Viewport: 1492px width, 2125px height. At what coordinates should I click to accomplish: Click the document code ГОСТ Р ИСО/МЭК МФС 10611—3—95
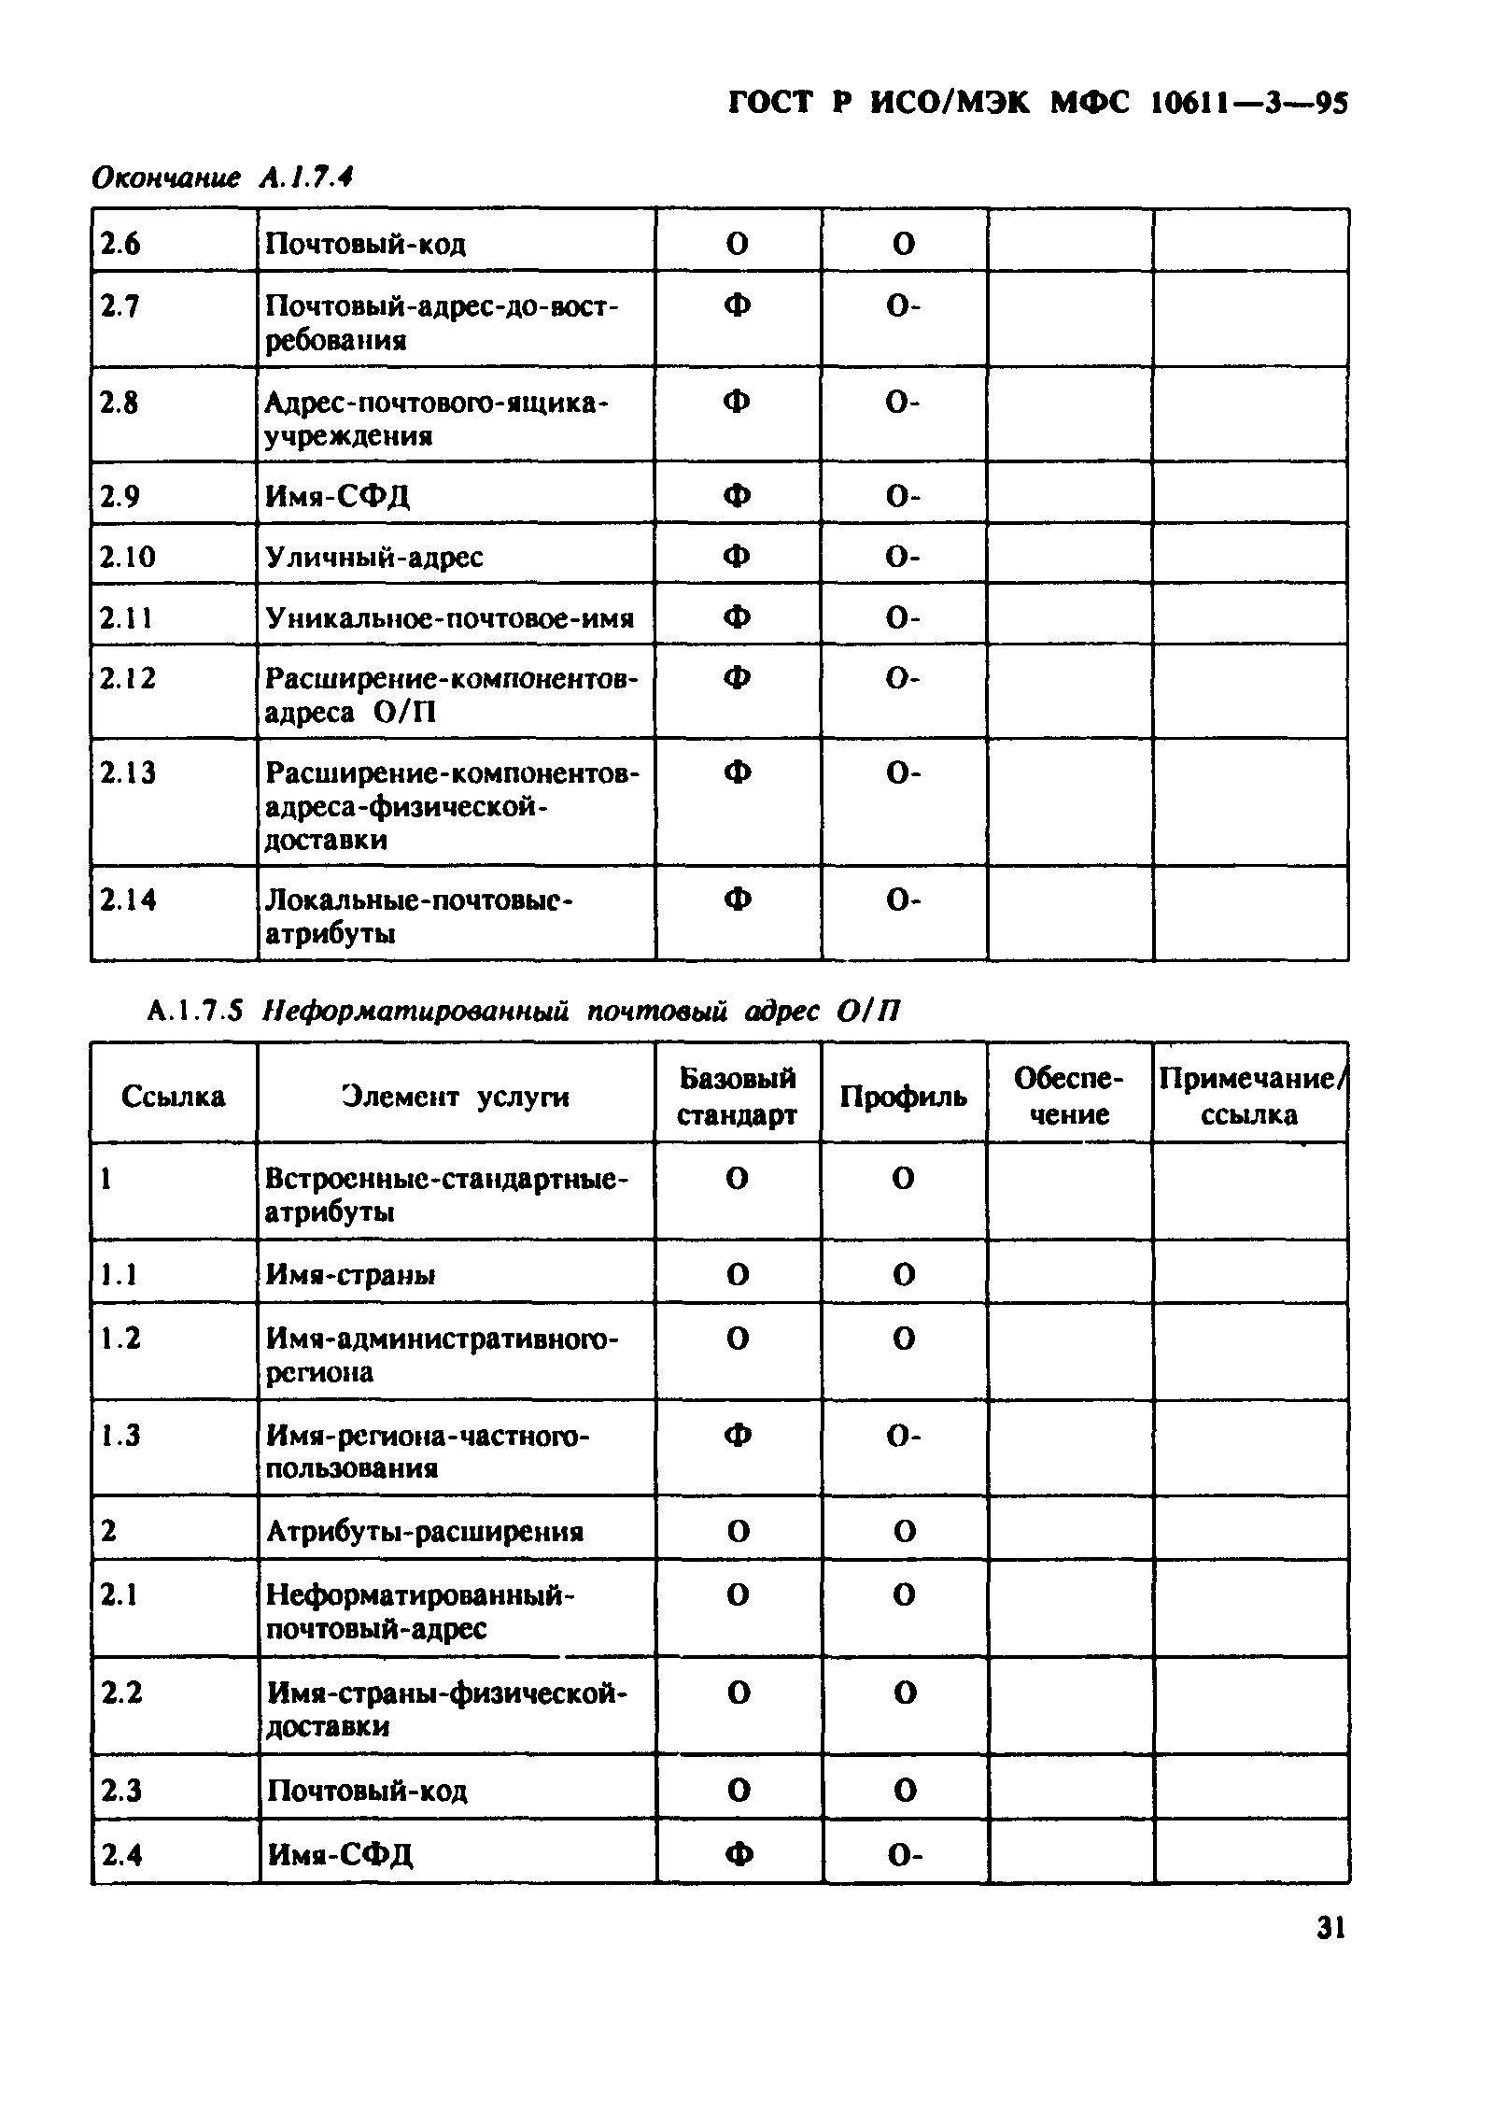[x=1037, y=103]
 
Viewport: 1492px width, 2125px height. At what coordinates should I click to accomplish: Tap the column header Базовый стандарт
[x=737, y=1097]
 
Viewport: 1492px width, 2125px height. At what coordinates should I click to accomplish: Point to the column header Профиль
[x=903, y=1097]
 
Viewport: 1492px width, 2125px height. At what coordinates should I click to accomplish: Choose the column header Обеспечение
[x=1069, y=1097]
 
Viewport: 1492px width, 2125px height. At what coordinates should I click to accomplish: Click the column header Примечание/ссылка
[x=1250, y=1097]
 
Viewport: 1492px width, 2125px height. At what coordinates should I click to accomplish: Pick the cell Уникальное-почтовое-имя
[x=450, y=618]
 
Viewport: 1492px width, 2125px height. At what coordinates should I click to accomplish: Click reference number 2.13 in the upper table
[x=129, y=773]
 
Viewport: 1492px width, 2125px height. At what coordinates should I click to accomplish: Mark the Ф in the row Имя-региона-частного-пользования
[x=738, y=1436]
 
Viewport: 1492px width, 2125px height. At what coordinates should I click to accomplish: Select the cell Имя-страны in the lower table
[x=351, y=1275]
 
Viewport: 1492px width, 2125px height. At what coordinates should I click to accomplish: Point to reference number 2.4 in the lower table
[x=122, y=1853]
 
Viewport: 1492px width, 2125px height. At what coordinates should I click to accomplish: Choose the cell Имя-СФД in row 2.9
[x=338, y=496]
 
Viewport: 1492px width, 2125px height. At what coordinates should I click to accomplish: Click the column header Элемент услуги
[x=455, y=1097]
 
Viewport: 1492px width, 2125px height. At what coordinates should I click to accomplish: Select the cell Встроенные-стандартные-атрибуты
[x=447, y=1196]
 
